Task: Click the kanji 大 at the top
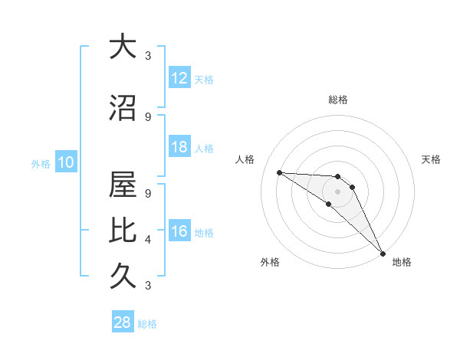[123, 47]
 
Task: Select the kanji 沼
[123, 110]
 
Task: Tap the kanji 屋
[123, 185]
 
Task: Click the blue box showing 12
[179, 78]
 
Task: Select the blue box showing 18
[179, 147]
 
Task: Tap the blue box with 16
[179, 231]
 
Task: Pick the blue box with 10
[65, 162]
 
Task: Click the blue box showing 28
[123, 322]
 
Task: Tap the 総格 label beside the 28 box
[147, 324]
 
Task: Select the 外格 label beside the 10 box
[41, 163]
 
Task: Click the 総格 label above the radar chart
[338, 100]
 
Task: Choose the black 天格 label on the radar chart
[432, 159]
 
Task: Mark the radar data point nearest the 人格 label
[279, 172]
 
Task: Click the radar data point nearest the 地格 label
[383, 253]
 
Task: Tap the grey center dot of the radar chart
[338, 191]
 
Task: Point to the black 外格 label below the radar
[270, 262]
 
